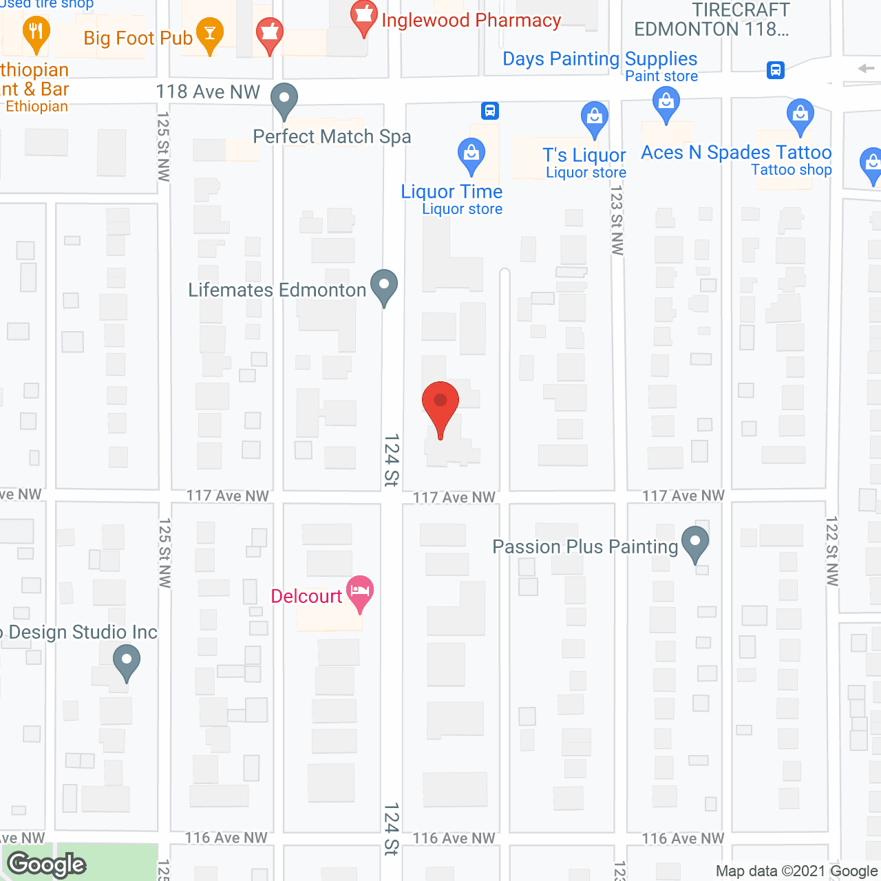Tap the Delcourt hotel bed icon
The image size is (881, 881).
click(360, 592)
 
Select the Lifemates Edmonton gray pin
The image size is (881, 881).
click(384, 286)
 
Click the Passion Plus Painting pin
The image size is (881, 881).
click(695, 542)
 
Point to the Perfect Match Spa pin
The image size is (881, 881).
click(284, 99)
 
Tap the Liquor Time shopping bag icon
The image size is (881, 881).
click(471, 155)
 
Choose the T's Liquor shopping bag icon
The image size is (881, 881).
click(594, 118)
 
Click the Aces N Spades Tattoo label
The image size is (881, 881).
click(736, 153)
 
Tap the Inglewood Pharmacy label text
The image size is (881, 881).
click(471, 21)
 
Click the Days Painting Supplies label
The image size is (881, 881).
click(599, 59)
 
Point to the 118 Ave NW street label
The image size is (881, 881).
click(208, 92)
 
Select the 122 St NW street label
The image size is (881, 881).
click(832, 551)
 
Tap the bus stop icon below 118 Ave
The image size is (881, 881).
click(490, 111)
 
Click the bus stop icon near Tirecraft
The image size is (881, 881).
click(776, 70)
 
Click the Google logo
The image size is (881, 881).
click(47, 864)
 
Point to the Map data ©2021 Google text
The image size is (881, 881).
click(797, 871)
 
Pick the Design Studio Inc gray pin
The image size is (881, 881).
click(126, 661)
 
